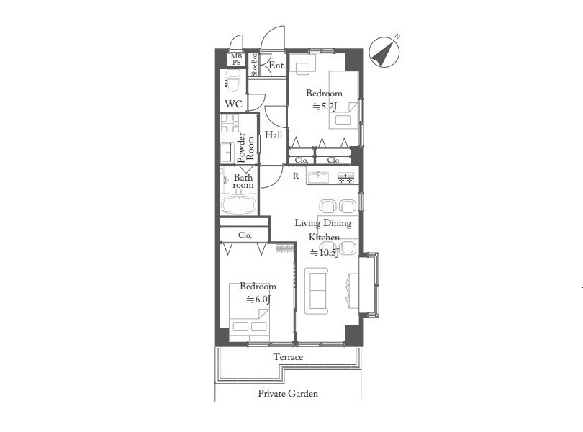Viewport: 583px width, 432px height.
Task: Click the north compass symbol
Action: [384, 52]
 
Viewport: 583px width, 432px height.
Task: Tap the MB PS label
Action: [237, 59]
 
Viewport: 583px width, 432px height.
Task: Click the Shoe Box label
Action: [254, 65]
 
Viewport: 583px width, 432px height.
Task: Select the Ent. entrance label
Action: [277, 66]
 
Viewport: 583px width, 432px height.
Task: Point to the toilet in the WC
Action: [232, 81]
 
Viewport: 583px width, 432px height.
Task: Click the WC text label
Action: [233, 104]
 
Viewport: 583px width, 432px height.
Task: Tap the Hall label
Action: [274, 135]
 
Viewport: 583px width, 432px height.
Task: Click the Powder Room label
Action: [245, 148]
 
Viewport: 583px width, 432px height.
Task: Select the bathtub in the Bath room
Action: [239, 205]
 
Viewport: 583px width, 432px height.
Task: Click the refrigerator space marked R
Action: [296, 176]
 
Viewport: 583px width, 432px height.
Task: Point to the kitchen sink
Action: [317, 176]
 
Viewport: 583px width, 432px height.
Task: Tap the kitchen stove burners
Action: [345, 178]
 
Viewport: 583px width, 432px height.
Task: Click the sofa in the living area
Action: [317, 291]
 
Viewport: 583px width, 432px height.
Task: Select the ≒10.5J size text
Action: [325, 253]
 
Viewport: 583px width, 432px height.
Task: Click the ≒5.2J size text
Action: [325, 107]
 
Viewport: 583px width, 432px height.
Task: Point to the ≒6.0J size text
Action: [258, 300]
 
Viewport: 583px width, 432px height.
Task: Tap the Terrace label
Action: [288, 357]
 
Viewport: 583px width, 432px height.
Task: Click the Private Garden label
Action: [288, 393]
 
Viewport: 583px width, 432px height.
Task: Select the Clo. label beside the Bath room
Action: [245, 235]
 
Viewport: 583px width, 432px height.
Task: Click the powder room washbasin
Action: [227, 153]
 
